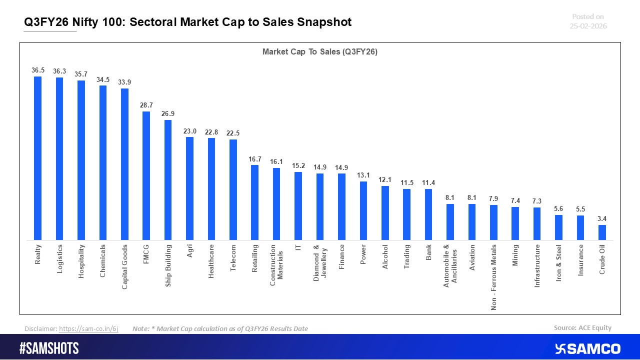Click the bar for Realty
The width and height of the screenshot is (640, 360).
pyautogui.click(x=37, y=158)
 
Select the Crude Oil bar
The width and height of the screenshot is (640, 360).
pyautogui.click(x=602, y=232)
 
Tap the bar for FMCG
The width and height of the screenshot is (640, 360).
pyautogui.click(x=146, y=175)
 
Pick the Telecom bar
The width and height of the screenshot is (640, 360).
pyautogui.click(x=233, y=189)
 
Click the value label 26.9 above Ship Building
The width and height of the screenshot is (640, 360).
pyautogui.click(x=168, y=113)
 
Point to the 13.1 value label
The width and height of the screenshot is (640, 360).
pyautogui.click(x=363, y=175)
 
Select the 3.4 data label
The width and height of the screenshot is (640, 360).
pyautogui.click(x=602, y=218)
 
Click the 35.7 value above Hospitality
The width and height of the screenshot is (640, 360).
pyautogui.click(x=81, y=74)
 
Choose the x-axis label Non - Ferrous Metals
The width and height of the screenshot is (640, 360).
pyautogui.click(x=493, y=277)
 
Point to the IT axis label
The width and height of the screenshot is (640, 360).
pyautogui.click(x=298, y=247)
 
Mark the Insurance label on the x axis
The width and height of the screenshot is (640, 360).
pyautogui.click(x=580, y=259)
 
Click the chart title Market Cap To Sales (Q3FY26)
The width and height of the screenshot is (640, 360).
pyautogui.click(x=320, y=51)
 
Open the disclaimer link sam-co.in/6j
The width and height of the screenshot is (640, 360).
pyautogui.click(x=88, y=328)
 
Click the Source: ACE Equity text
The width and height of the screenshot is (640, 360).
pyautogui.click(x=582, y=328)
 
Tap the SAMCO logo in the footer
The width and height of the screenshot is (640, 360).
pyautogui.click(x=587, y=348)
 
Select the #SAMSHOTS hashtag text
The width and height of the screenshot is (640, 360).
pyautogui.click(x=49, y=348)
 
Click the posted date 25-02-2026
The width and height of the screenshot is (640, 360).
pyautogui.click(x=588, y=26)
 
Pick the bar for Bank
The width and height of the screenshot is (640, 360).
pyautogui.click(x=428, y=214)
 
